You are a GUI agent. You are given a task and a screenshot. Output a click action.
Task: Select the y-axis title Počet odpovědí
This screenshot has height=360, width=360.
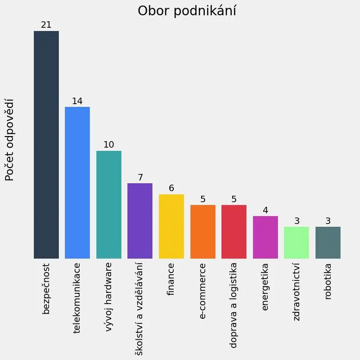(x=10, y=140)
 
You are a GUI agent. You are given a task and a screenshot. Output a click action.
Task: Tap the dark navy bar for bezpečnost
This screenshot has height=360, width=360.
(x=46, y=145)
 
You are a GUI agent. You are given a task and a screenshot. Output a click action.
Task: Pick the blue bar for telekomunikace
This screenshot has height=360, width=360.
(x=77, y=183)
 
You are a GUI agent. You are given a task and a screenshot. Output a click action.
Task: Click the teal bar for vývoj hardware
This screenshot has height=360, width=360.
(x=109, y=205)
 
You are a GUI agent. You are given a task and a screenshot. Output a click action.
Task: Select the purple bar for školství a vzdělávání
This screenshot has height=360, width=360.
(x=140, y=221)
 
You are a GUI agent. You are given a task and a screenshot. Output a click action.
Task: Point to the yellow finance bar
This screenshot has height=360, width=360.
(x=171, y=226)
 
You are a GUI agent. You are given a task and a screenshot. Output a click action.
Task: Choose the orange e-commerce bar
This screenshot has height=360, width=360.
(x=203, y=232)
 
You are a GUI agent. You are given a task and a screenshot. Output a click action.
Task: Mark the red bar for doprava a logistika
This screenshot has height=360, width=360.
(x=234, y=232)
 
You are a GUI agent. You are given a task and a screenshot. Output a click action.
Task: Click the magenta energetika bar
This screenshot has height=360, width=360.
(x=265, y=237)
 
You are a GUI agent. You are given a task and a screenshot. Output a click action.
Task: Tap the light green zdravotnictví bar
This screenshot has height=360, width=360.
(x=297, y=242)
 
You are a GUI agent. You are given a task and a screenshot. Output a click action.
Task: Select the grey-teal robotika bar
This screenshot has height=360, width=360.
(x=328, y=242)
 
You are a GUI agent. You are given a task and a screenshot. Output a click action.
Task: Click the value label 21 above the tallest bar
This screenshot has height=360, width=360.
(x=46, y=25)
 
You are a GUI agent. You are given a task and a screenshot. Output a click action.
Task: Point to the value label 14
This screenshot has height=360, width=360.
(x=77, y=101)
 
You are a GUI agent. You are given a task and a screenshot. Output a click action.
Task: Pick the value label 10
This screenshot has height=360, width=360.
(x=109, y=144)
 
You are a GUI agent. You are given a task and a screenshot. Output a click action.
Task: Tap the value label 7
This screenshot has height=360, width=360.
(x=140, y=177)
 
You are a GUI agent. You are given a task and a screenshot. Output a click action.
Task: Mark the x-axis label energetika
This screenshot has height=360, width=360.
(x=265, y=287)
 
